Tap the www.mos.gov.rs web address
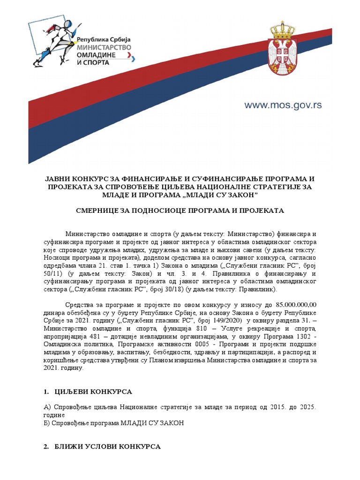(x=283, y=105)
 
